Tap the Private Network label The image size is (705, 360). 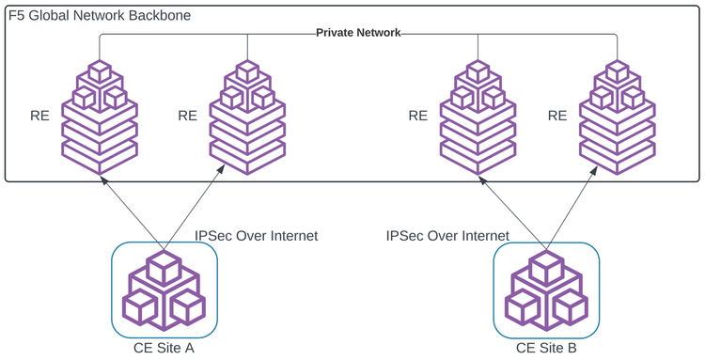coord(358,32)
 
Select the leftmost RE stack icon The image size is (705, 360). coord(100,117)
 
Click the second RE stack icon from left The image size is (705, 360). coord(247,117)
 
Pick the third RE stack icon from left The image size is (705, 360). coord(478,117)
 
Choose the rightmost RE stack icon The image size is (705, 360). coord(617,117)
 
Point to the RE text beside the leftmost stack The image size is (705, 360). coord(40,116)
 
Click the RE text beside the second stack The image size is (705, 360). coord(187,116)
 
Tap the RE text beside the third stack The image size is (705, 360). coord(418,116)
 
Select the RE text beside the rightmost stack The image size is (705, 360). coord(557,116)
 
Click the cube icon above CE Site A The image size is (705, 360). coord(164,290)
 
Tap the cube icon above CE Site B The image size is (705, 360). coord(546,290)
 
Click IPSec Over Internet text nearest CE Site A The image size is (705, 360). coord(256,235)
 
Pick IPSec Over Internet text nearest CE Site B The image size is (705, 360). coord(447,235)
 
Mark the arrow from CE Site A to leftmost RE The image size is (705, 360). coord(132,211)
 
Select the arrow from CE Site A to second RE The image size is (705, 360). coord(195,211)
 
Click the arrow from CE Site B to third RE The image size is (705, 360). coord(513,211)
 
